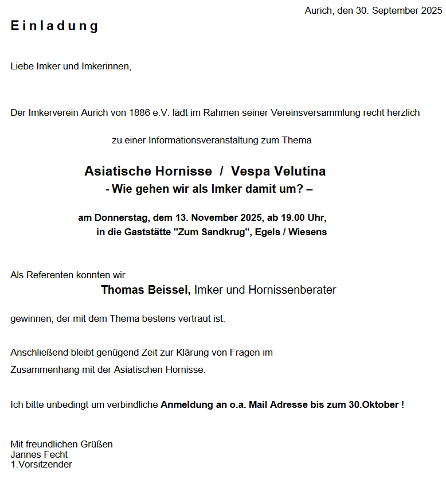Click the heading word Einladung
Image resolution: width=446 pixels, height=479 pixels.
[54, 26]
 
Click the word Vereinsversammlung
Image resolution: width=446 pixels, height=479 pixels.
[314, 113]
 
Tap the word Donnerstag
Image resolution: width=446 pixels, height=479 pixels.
[121, 218]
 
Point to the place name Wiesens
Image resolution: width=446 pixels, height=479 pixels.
[308, 232]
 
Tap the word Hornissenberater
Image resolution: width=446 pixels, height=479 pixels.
[292, 290]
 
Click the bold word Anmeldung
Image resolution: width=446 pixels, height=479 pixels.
[187, 405]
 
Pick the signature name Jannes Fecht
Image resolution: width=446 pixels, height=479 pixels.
[39, 454]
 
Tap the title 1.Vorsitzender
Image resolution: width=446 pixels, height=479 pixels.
[41, 465]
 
